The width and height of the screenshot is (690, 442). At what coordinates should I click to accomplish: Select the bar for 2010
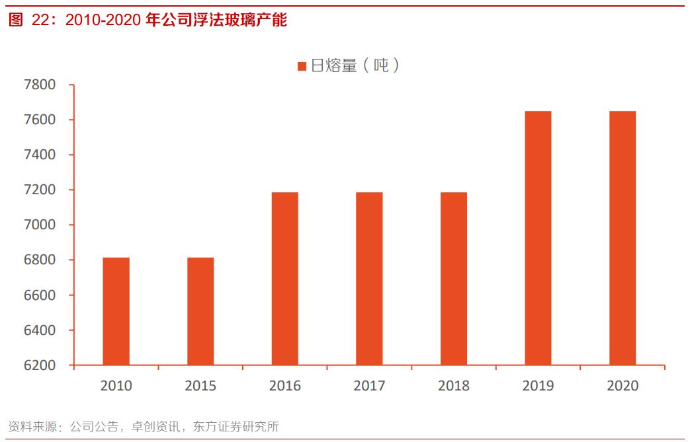(x=116, y=311)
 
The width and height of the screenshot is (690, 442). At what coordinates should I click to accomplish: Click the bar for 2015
(x=200, y=311)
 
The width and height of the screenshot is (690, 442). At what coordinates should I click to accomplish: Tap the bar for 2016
(x=284, y=279)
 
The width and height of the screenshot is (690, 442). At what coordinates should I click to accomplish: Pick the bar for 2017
(x=369, y=279)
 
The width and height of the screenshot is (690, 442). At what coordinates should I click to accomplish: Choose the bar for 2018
(x=454, y=279)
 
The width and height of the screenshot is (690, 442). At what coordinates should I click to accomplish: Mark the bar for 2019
(x=538, y=238)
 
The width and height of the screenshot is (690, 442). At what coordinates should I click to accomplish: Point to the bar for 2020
(x=623, y=238)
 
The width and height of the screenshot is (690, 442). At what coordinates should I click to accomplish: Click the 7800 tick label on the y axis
(x=40, y=85)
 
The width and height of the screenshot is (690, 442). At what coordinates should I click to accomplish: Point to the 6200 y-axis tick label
(x=40, y=365)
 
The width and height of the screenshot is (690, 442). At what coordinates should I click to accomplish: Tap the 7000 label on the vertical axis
(x=40, y=225)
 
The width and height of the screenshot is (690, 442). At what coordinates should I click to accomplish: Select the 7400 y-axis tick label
(x=40, y=155)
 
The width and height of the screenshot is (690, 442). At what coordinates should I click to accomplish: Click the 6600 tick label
(x=40, y=295)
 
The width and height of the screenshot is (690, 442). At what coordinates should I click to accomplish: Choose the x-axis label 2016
(x=284, y=386)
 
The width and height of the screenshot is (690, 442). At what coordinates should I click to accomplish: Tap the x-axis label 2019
(x=538, y=386)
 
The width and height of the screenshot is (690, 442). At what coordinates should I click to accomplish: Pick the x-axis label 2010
(x=116, y=386)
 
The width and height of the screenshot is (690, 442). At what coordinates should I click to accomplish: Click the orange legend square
(x=302, y=66)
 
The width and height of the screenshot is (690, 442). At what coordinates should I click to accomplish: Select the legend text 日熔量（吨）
(x=355, y=65)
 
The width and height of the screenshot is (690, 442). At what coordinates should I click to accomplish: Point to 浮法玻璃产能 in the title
(x=247, y=20)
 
